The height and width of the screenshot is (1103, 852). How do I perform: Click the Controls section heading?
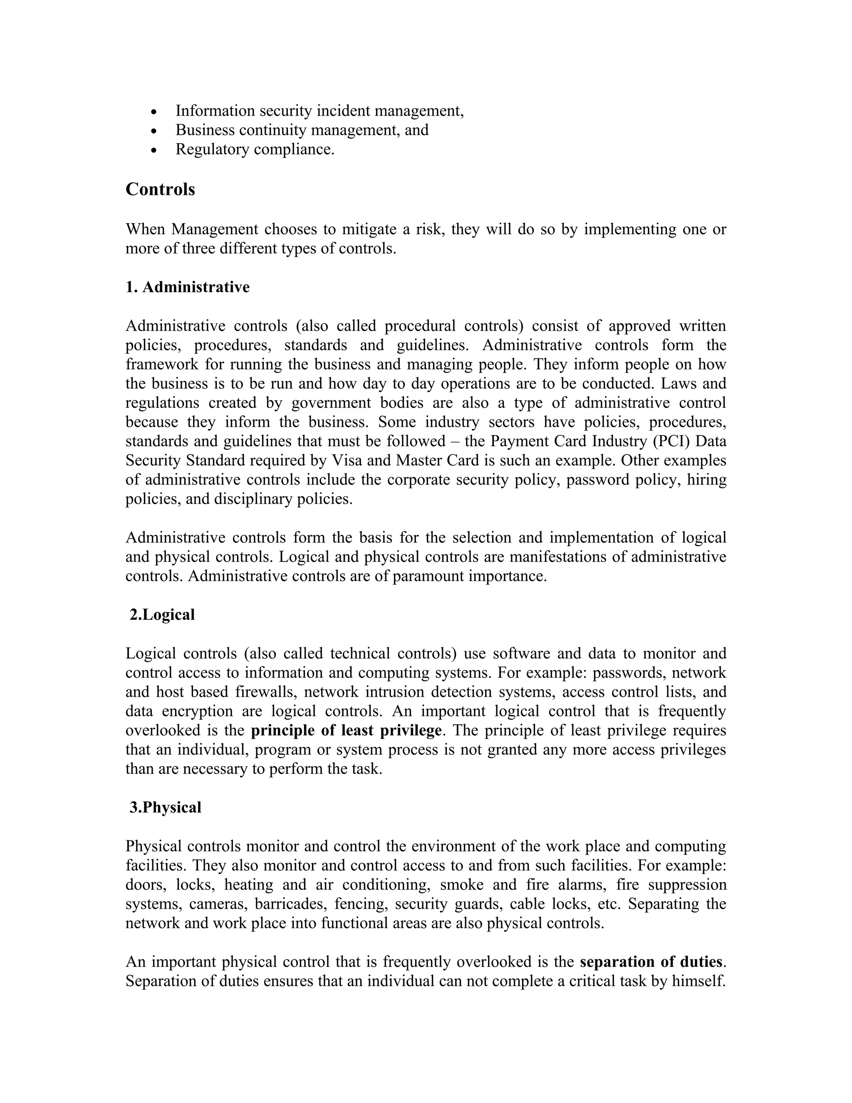[160, 189]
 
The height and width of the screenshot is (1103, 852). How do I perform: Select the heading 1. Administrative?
[187, 287]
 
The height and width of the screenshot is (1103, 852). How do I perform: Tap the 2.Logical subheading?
[161, 615]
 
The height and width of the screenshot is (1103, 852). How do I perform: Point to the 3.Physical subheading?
[165, 807]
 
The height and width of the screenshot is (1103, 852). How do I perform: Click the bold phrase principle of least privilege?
[346, 730]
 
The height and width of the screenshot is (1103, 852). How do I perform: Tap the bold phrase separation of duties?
[651, 961]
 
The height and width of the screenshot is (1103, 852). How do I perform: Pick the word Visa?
[344, 460]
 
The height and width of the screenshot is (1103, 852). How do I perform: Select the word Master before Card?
[419, 460]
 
